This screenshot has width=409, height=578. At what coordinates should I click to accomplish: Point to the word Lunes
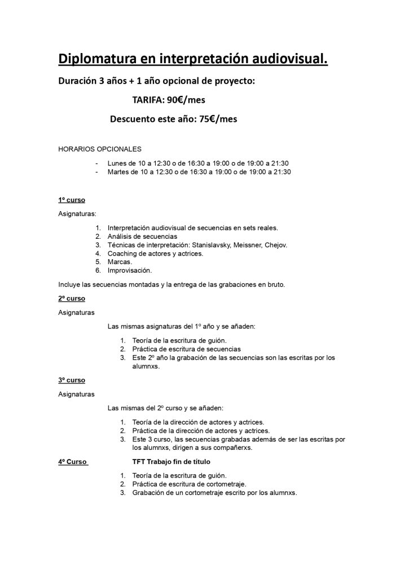(x=118, y=163)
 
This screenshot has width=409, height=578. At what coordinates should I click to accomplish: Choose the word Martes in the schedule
(x=119, y=172)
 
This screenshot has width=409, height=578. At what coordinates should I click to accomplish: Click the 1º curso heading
(x=71, y=200)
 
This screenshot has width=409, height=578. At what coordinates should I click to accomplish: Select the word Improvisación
(x=129, y=270)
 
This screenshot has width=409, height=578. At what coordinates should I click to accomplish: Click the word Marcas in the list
(x=120, y=262)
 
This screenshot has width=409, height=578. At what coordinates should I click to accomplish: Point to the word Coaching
(x=122, y=253)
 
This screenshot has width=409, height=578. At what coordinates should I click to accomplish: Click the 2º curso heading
(x=71, y=298)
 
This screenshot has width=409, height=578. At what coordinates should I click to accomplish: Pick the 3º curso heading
(x=71, y=380)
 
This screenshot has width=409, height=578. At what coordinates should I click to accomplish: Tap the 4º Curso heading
(x=72, y=462)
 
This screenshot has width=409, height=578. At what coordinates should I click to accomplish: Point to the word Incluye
(x=69, y=284)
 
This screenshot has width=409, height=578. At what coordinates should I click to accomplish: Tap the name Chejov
(x=275, y=245)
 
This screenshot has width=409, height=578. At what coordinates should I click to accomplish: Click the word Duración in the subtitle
(x=77, y=81)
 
